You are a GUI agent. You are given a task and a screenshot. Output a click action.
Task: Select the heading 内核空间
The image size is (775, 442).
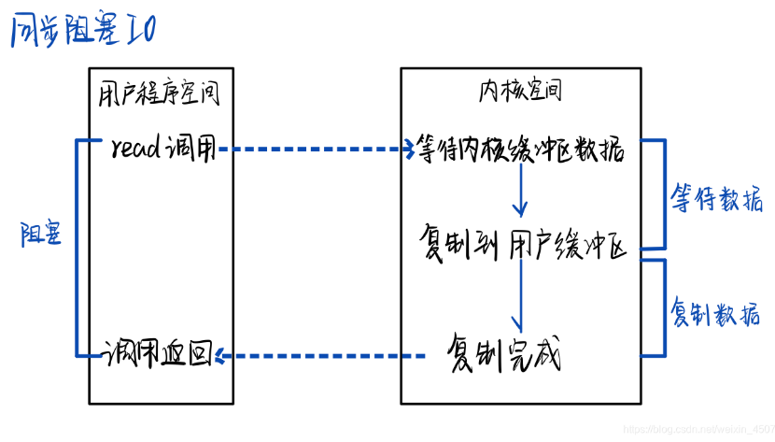520,91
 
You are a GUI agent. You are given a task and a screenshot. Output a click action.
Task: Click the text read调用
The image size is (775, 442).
162,149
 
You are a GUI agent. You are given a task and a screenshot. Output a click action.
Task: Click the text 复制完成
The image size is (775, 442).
503,354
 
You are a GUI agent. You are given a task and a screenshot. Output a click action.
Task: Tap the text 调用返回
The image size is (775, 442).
155,354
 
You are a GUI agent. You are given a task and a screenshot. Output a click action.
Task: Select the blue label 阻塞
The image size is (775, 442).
41,235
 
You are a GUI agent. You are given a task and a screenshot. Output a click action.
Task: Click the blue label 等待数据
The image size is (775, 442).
716,198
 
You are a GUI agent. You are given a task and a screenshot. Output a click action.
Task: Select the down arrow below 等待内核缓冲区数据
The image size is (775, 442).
521,193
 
